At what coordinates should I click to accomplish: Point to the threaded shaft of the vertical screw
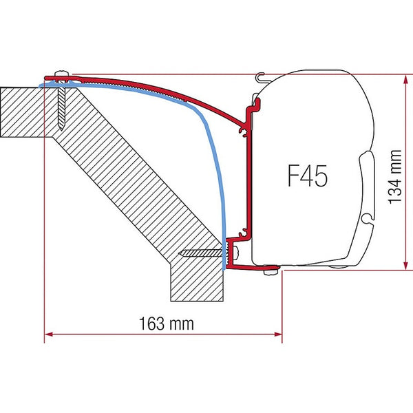[x=63, y=103]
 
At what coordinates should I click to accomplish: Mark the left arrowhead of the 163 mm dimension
[x=48, y=335]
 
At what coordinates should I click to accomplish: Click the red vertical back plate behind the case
[x=244, y=179]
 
